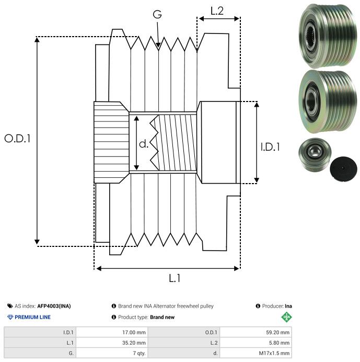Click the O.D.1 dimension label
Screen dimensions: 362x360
pyautogui.click(x=17, y=139)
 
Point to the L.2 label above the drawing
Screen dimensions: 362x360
pyautogui.click(x=217, y=10)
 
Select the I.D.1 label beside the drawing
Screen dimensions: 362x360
pyautogui.click(x=270, y=148)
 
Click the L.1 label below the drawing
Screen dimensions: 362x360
pyautogui.click(x=175, y=279)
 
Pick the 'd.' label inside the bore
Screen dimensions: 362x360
pyautogui.click(x=144, y=144)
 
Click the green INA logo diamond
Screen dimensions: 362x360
pyautogui.click(x=286, y=317)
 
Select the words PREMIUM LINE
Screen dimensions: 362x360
pyautogui.click(x=33, y=317)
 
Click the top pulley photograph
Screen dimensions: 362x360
pyautogui.click(x=323, y=36)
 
